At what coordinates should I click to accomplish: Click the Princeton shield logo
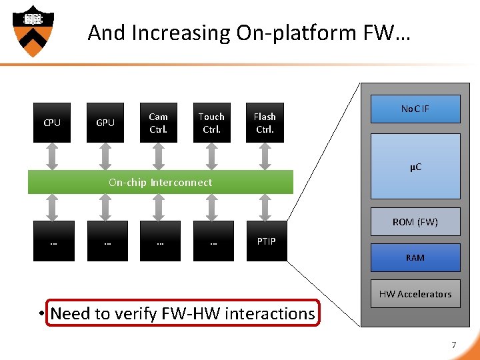[33, 31]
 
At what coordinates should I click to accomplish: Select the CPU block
[52, 123]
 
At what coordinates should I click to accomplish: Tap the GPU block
[105, 123]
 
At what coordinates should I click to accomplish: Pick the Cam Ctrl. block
[159, 123]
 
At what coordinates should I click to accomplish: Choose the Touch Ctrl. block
[212, 123]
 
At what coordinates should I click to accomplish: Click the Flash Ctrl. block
[265, 123]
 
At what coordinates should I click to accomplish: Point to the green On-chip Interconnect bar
[161, 182]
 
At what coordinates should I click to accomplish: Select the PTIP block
[267, 241]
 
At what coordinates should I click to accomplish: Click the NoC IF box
[415, 109]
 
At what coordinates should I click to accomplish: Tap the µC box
[415, 166]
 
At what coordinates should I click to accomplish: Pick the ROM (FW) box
[415, 221]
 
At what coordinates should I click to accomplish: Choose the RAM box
[415, 257]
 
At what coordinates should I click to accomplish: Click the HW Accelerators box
[415, 293]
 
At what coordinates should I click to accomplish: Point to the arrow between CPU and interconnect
[52, 157]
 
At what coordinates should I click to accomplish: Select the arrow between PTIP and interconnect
[265, 207]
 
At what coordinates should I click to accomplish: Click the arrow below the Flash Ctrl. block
[265, 157]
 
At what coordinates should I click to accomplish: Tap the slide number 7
[454, 345]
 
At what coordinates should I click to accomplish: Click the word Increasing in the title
[181, 33]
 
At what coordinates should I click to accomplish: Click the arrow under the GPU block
[105, 157]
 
